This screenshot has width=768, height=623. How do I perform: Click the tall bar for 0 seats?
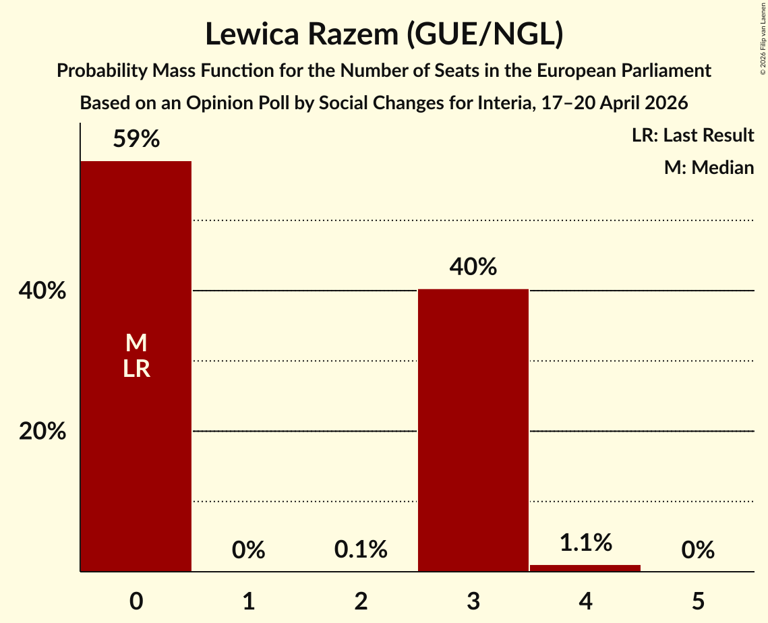coord(136,366)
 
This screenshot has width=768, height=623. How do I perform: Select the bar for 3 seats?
coord(473,430)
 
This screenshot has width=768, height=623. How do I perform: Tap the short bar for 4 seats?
coord(585,568)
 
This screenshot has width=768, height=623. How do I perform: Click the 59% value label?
coord(136,139)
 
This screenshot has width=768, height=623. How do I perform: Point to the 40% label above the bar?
coord(473,267)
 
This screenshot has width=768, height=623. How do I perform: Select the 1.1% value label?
coord(586,543)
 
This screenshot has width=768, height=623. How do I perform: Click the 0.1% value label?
coord(361,550)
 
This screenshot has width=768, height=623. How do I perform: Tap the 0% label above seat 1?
coord(248,550)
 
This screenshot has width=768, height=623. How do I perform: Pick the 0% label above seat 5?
coord(698,550)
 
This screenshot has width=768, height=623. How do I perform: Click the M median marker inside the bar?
coord(136,343)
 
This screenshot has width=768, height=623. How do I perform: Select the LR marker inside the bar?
coord(136,369)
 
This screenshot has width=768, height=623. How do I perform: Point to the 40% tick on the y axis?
coord(42,291)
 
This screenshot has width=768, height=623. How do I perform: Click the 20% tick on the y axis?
coord(42,432)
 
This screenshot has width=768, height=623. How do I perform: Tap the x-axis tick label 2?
coord(361,601)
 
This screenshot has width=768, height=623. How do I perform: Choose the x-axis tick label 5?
coord(698,601)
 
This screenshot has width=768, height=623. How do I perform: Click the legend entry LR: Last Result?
coord(692,135)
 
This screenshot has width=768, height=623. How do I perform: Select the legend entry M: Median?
coord(709,167)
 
